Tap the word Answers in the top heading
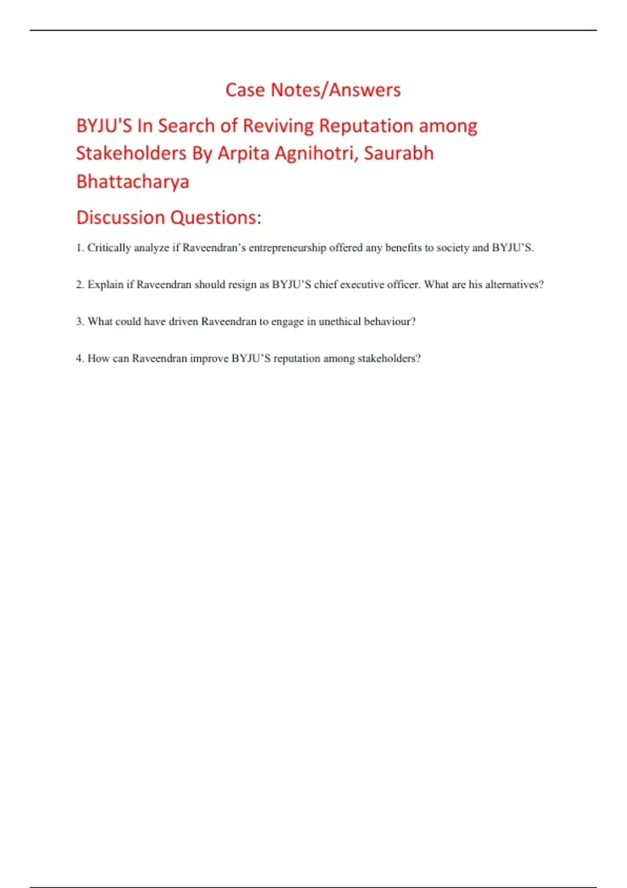pos(365,90)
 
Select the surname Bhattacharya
pos(133,182)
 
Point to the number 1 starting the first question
pos(79,248)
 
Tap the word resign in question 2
pos(242,285)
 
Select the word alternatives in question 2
pos(514,285)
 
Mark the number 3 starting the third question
pos(79,321)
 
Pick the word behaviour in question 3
pos(389,321)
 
